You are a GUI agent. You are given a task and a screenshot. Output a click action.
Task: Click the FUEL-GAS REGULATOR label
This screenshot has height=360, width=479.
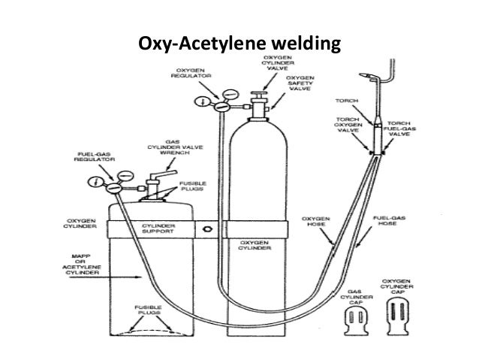pyautogui.click(x=92, y=160)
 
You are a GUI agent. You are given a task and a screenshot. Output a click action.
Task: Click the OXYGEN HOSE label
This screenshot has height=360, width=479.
pyautogui.click(x=314, y=222)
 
